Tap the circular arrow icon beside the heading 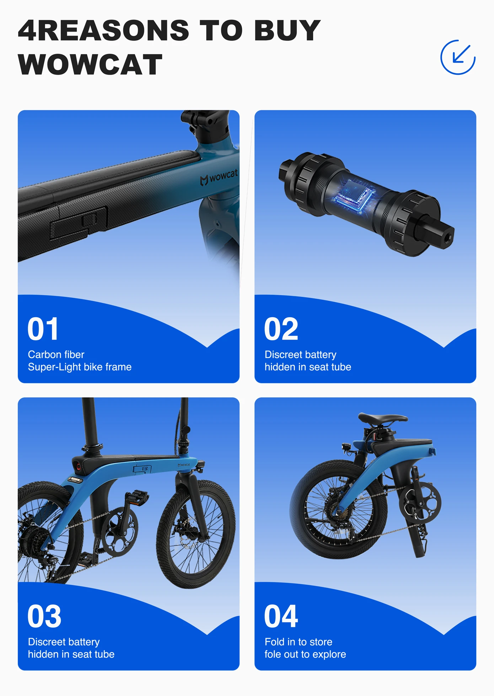point(458,57)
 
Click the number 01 point(43,329)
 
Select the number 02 point(281,329)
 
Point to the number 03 point(44,616)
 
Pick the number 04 point(281,616)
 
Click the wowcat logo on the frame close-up point(219,177)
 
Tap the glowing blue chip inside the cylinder point(354,196)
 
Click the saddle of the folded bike point(383,419)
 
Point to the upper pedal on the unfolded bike point(137,497)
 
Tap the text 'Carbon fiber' point(56,355)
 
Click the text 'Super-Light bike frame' point(80,367)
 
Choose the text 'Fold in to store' point(299,642)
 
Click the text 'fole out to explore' point(305,654)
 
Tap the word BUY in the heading point(288,30)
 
